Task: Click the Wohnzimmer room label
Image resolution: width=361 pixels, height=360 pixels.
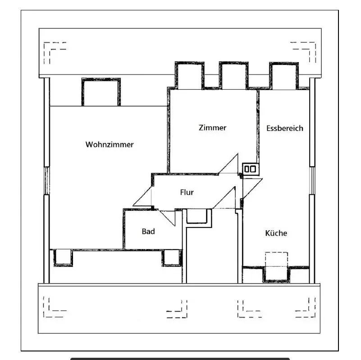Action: tap(110, 145)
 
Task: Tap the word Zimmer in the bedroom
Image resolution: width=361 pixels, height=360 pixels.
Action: tap(212, 128)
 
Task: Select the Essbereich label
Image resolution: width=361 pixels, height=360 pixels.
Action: tap(284, 128)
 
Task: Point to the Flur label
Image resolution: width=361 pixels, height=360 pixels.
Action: tap(187, 192)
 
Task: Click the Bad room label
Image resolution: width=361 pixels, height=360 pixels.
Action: tap(148, 231)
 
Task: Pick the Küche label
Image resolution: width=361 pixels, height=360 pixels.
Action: tap(276, 233)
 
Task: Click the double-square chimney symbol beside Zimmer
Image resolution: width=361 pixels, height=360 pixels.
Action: tap(250, 169)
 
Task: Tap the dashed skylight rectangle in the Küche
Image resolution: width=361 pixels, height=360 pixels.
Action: tap(276, 260)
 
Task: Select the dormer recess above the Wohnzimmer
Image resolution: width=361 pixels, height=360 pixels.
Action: tap(101, 92)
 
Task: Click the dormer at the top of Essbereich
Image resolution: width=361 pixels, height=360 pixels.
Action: tap(284, 75)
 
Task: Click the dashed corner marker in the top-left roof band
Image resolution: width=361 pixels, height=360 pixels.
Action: tap(53, 50)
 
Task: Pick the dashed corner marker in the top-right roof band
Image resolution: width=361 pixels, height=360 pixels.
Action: tap(305, 50)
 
